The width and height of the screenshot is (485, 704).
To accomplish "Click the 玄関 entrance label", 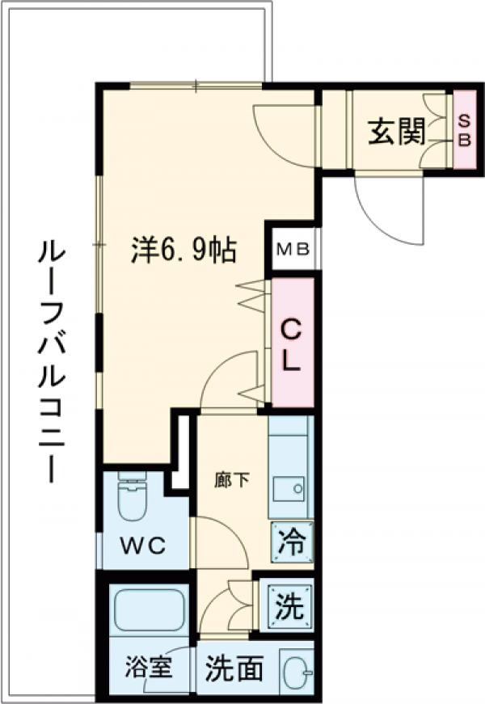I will (397, 132).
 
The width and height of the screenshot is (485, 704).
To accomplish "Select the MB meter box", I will (293, 248).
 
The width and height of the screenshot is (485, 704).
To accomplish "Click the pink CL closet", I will (292, 343).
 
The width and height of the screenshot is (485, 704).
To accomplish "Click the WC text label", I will (144, 546).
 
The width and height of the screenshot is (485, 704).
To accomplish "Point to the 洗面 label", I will (234, 668).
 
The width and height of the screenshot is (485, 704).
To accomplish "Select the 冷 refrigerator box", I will (291, 540).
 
